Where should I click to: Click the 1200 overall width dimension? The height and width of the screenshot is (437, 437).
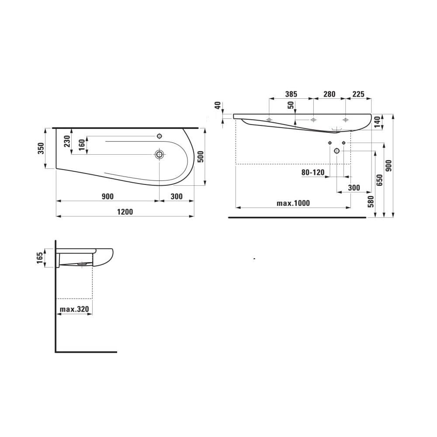tap(125, 212)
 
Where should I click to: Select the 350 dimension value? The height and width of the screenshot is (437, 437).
tap(41, 149)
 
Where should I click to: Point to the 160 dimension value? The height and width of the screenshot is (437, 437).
tap(82, 145)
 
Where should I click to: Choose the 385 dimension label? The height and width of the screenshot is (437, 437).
tap(291, 94)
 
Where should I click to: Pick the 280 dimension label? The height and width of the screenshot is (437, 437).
tap(329, 94)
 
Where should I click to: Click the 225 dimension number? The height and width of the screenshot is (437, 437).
tap(358, 94)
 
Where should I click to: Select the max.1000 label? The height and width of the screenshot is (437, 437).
tap(293, 203)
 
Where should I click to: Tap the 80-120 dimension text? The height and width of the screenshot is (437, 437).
tap(313, 173)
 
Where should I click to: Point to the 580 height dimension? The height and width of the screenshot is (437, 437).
tap(371, 201)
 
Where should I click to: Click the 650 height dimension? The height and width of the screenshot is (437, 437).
tap(380, 180)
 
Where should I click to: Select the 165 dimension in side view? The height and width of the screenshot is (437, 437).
tap(40, 258)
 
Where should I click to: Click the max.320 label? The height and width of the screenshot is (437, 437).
tap(74, 309)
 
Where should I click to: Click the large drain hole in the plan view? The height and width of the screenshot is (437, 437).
tap(160, 154)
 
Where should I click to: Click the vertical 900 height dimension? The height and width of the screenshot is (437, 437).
tap(389, 166)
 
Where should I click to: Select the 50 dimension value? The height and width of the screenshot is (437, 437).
tap(291, 106)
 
